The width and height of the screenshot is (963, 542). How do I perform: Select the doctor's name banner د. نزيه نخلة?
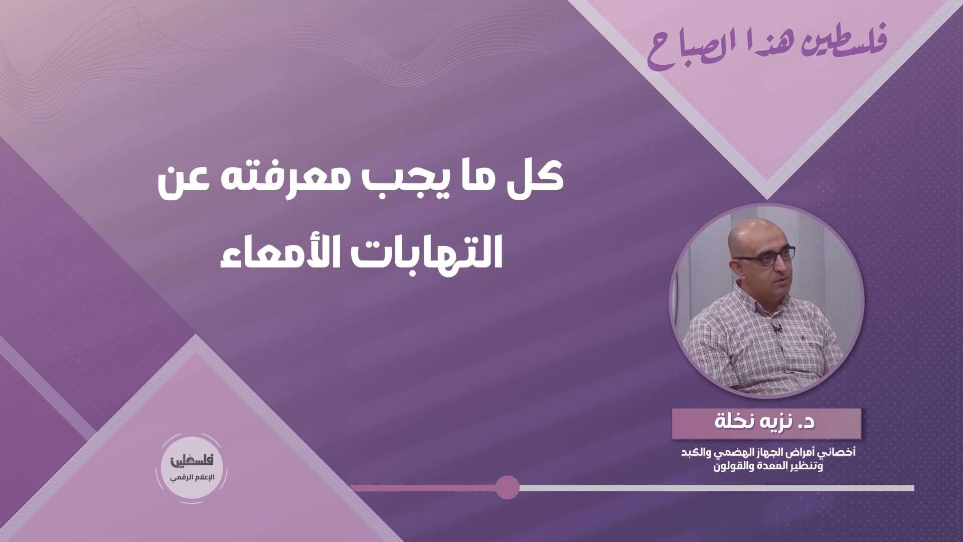[x=766, y=423]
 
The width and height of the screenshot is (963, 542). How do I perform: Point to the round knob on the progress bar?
[x=507, y=487]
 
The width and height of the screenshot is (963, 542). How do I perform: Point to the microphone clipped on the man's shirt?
[x=776, y=330]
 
